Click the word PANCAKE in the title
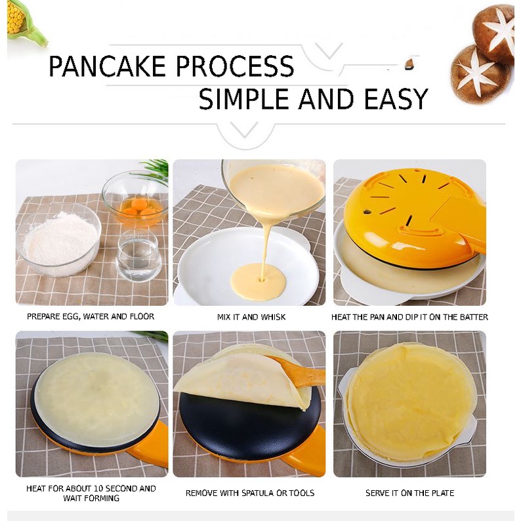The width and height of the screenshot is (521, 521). point(107,66)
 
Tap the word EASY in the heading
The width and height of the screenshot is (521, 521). point(396,99)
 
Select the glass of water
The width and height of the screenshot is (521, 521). point(138,255)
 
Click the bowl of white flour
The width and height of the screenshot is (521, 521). point(59,239)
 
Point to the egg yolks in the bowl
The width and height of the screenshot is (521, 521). point(138,207)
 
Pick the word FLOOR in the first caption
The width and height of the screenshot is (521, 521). point(143,316)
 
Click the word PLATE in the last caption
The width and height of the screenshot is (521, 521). point(442,493)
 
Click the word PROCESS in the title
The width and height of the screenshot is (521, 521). point(235,66)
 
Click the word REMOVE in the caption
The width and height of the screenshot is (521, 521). point(199,493)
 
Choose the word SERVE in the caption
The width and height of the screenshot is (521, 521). point(377,493)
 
